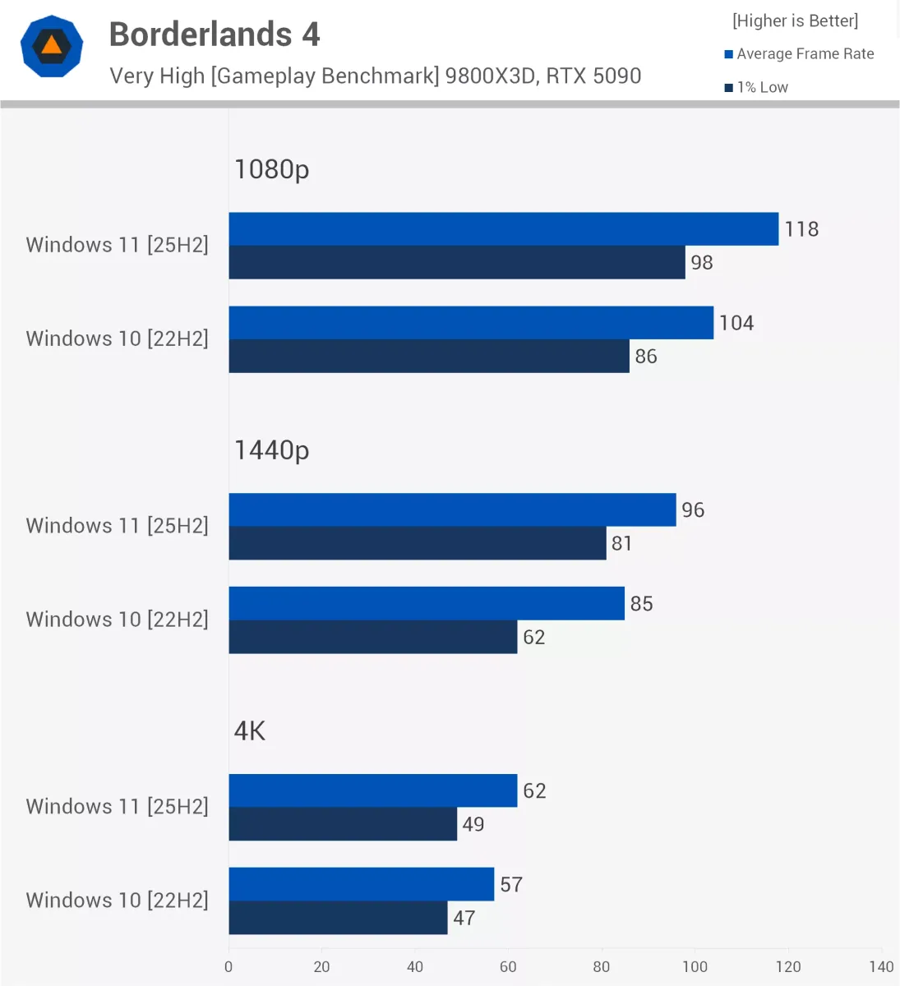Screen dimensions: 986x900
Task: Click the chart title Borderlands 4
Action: [215, 35]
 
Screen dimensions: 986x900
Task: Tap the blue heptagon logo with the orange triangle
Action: [52, 46]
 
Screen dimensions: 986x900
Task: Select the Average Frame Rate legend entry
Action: [799, 54]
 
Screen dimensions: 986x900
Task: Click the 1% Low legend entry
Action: [756, 87]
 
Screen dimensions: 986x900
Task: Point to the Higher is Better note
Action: [795, 21]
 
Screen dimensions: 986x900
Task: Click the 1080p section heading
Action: [271, 169]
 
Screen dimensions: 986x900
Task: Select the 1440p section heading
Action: [271, 450]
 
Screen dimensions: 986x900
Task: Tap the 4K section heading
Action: [250, 731]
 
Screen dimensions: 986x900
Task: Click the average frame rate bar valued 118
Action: [503, 229]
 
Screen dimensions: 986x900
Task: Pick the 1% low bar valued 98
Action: [456, 263]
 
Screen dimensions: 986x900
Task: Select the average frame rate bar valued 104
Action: [471, 323]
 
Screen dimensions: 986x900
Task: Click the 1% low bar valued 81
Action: [417, 543]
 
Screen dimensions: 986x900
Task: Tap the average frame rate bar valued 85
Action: [427, 604]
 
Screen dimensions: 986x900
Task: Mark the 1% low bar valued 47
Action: [338, 918]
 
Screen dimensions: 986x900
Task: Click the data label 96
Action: [693, 510]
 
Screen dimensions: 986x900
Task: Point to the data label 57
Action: [511, 885]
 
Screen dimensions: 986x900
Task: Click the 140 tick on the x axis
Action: [881, 967]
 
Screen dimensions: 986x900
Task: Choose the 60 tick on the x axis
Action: [508, 967]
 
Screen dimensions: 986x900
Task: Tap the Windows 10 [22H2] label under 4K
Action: [117, 901]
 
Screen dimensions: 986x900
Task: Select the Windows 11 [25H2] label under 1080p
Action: [117, 245]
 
